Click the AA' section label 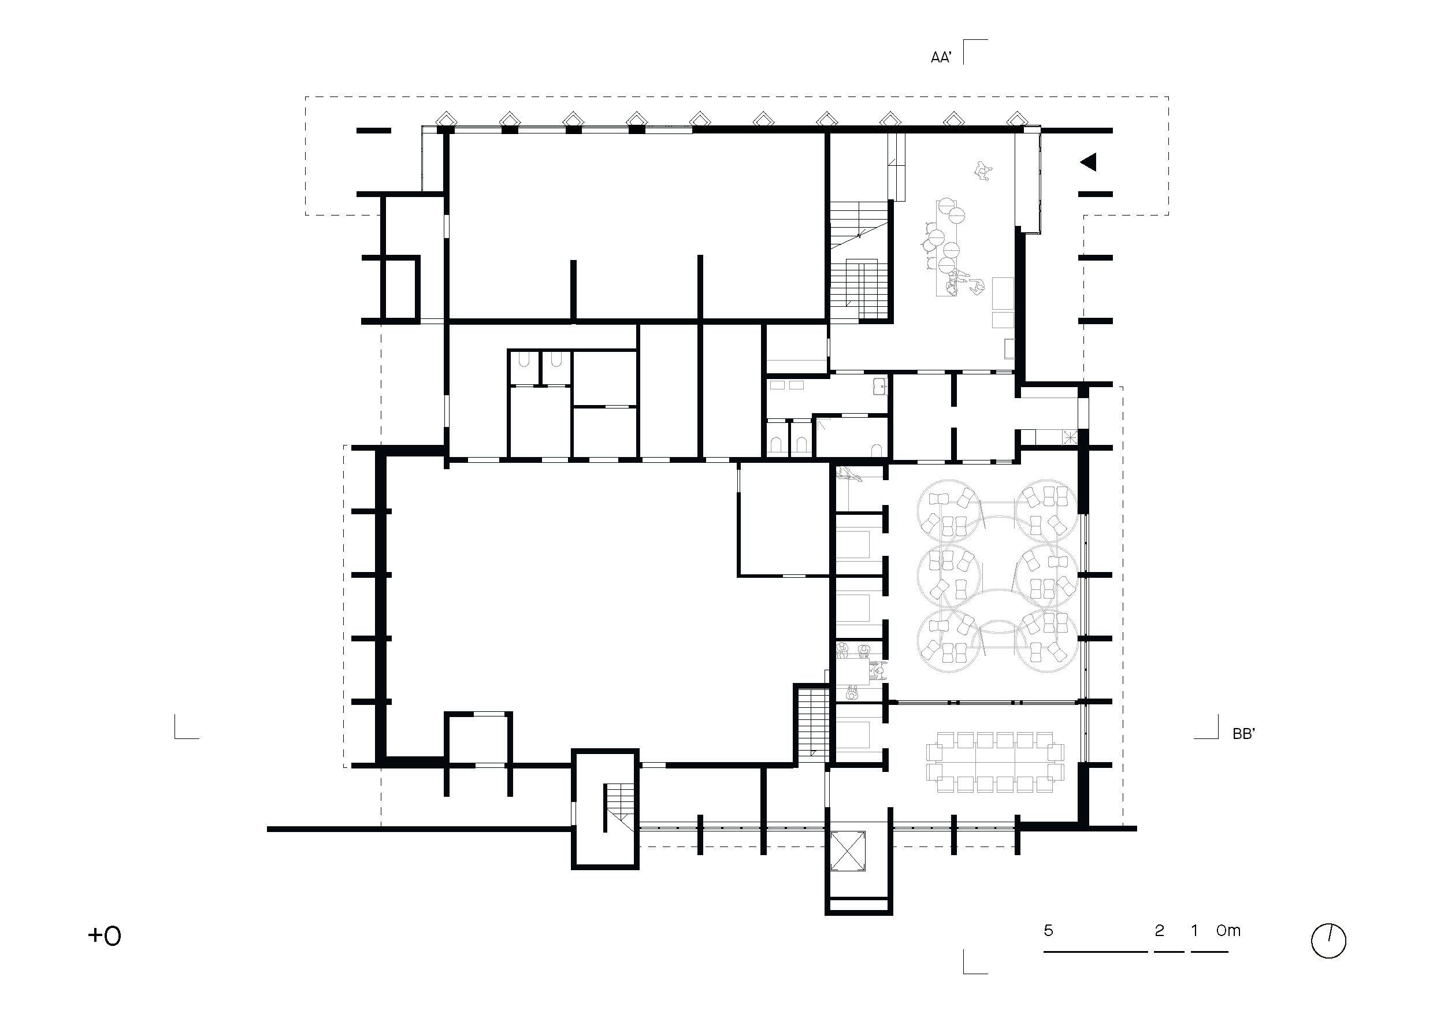pos(941,58)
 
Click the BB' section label pos(1243,735)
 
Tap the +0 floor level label pos(105,935)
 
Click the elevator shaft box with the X pos(848,851)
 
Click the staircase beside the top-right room pos(859,261)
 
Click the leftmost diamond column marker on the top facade pos(446,118)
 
